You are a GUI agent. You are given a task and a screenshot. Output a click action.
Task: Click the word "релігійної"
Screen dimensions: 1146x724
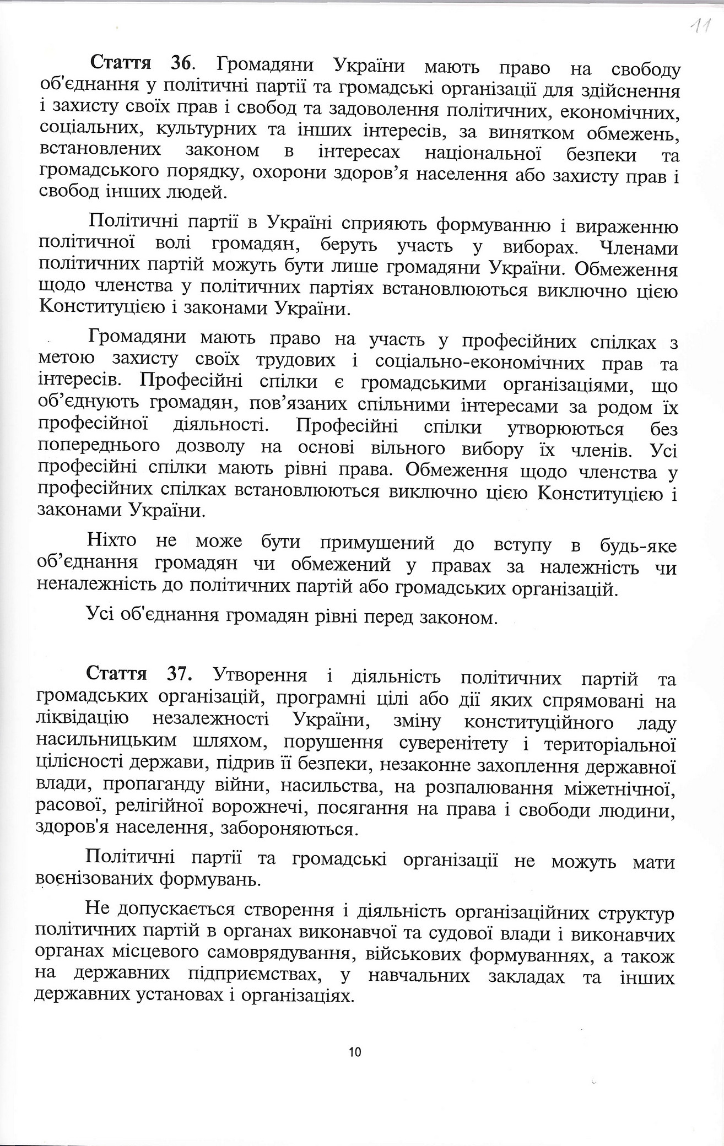pyautogui.click(x=146, y=807)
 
